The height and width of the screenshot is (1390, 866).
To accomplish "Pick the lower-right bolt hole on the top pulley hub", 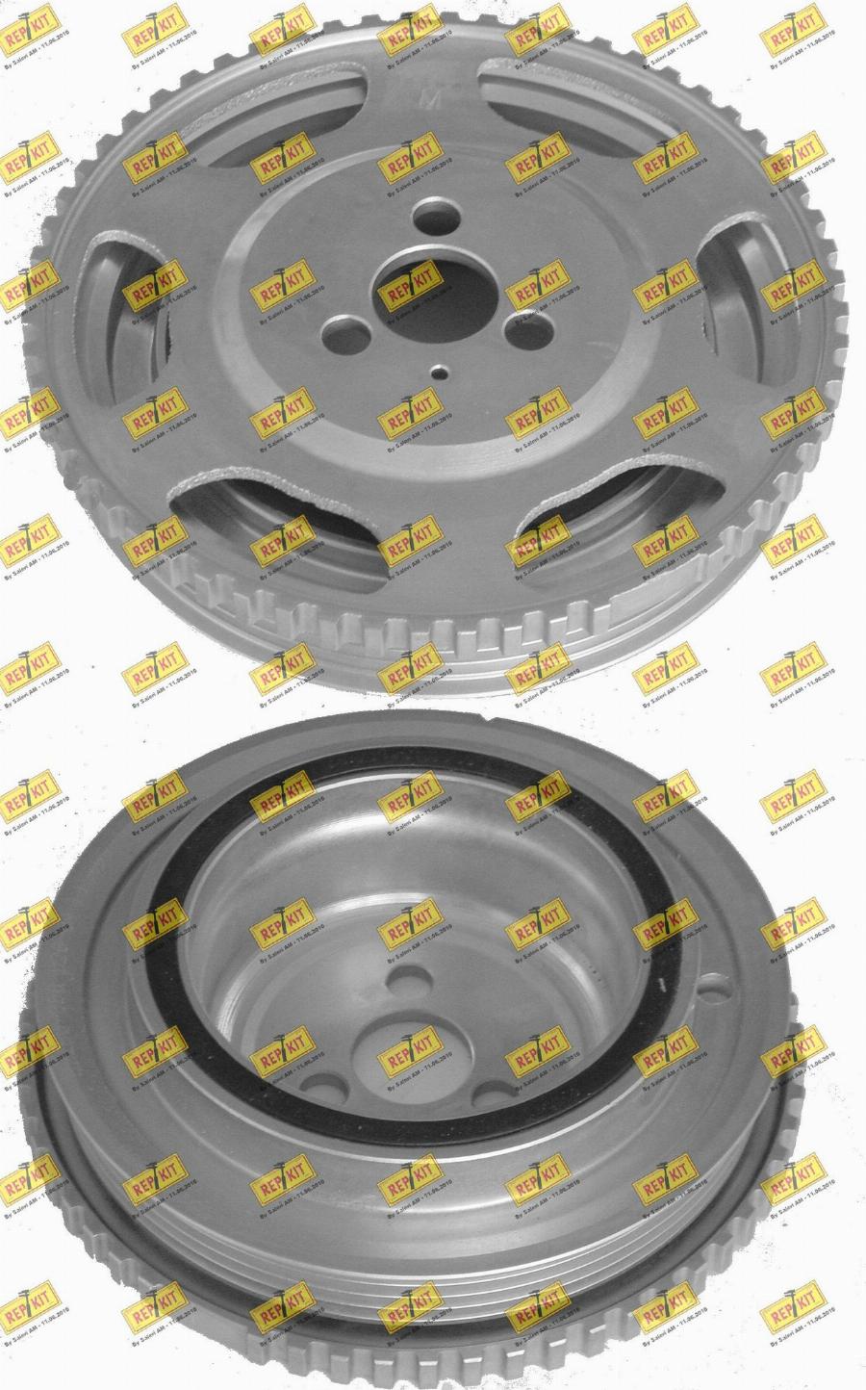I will click(524, 334).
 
